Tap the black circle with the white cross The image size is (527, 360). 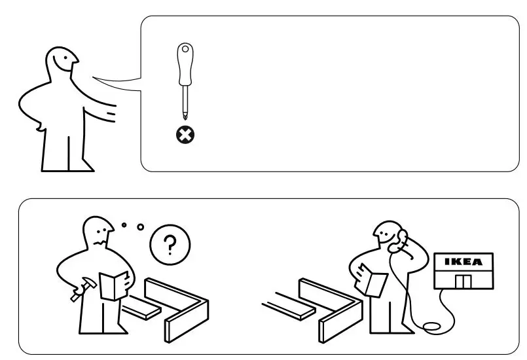tap(185, 135)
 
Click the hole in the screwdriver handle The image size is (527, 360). tap(186, 49)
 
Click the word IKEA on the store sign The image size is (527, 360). tap(463, 262)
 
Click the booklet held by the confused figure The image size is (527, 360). tap(113, 285)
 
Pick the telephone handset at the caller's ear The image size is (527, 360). tap(396, 240)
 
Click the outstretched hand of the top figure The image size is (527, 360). tap(111, 115)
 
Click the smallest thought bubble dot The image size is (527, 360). tap(124, 225)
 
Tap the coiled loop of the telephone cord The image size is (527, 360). tap(433, 326)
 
